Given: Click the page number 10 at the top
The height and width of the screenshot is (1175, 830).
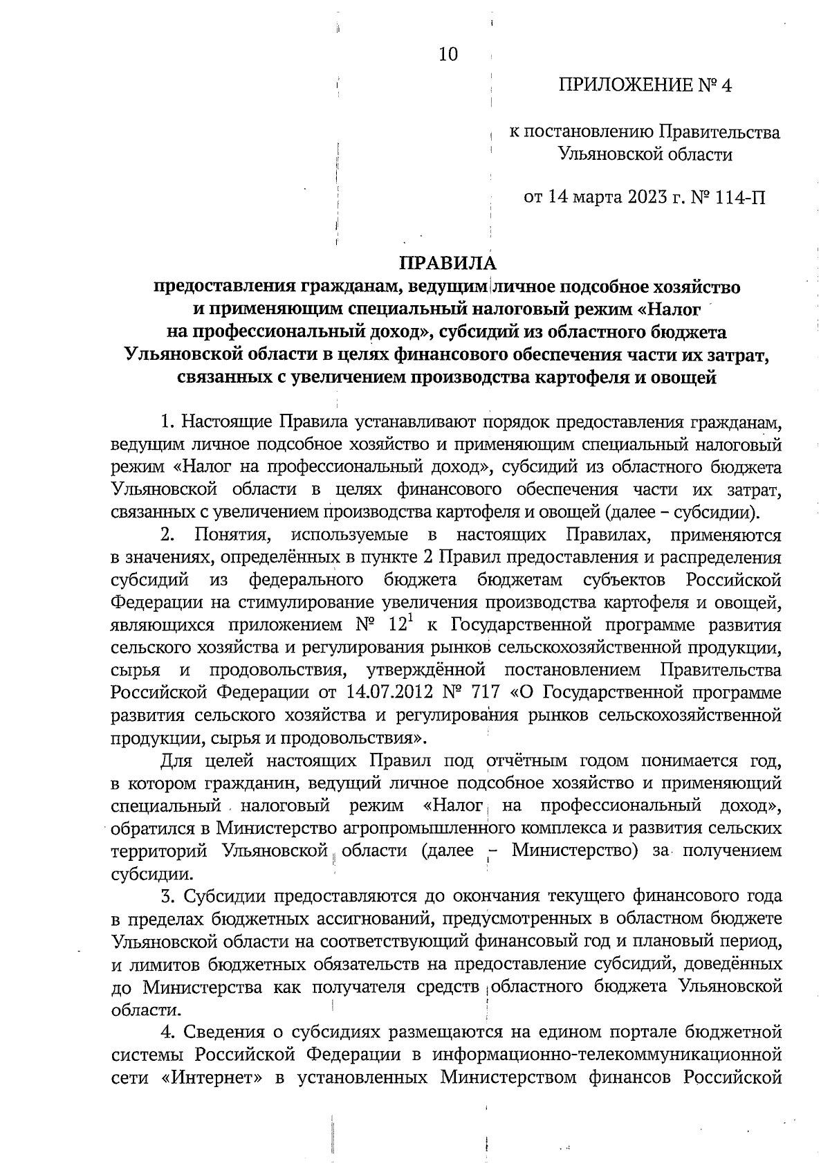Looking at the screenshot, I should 448,55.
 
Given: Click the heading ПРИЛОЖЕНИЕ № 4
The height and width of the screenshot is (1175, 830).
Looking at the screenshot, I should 645,86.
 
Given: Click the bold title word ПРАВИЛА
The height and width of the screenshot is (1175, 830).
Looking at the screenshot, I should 448,264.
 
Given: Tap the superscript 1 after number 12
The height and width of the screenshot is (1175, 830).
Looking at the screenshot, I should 409,619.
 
